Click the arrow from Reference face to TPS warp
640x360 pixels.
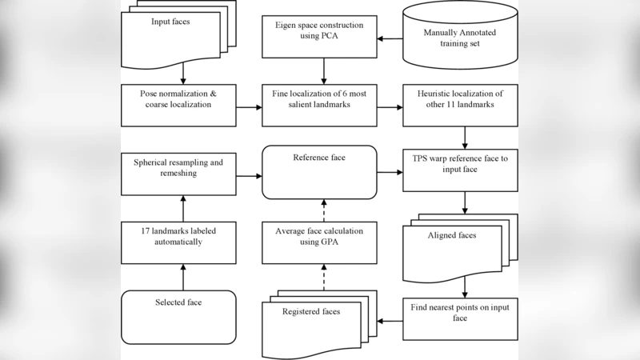[x=390, y=171]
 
